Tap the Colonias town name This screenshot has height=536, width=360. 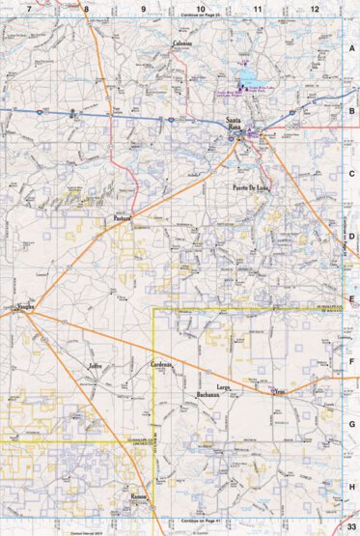[x=182, y=43]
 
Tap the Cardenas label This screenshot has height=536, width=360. [x=161, y=365]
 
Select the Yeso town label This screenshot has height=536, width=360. [x=281, y=391]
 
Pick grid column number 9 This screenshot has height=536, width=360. [x=144, y=9]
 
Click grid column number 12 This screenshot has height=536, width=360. [x=315, y=9]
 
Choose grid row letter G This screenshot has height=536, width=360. [x=352, y=424]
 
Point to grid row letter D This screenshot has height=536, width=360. [x=352, y=235]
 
